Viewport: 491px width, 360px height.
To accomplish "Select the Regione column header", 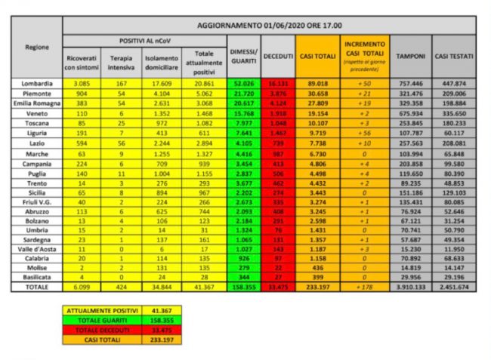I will (x=37, y=47).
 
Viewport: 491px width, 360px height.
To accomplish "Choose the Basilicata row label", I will (x=37, y=278).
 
